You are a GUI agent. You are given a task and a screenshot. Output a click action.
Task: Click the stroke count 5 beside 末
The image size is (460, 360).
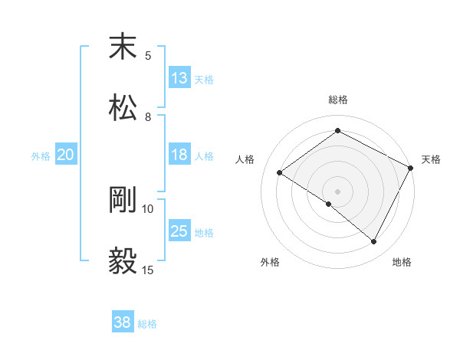pyautogui.click(x=148, y=55)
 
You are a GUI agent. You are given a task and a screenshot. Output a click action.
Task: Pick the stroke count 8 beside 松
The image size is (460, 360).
pyautogui.click(x=148, y=116)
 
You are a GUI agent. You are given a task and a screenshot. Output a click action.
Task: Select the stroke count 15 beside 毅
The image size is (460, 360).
pyautogui.click(x=148, y=270)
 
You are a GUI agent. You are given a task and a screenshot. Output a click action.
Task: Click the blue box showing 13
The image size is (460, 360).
pyautogui.click(x=179, y=78)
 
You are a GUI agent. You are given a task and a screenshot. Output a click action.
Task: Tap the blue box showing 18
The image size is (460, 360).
pyautogui.click(x=179, y=155)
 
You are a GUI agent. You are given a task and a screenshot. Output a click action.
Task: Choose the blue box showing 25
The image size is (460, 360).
pyautogui.click(x=179, y=231)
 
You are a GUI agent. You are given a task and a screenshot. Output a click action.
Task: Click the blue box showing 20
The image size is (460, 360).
pyautogui.click(x=65, y=155)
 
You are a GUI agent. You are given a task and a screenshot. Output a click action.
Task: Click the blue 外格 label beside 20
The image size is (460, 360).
pyautogui.click(x=41, y=155)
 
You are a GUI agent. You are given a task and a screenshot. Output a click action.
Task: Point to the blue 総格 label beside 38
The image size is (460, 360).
pyautogui.click(x=147, y=324)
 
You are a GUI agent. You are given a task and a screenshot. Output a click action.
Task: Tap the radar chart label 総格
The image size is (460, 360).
pyautogui.click(x=338, y=100)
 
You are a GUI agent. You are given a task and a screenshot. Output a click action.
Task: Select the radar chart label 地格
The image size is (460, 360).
pyautogui.click(x=402, y=262)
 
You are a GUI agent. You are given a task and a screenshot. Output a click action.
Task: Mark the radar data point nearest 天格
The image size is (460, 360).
pyautogui.click(x=410, y=167)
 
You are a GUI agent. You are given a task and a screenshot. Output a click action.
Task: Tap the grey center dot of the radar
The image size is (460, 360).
pyautogui.click(x=337, y=191)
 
